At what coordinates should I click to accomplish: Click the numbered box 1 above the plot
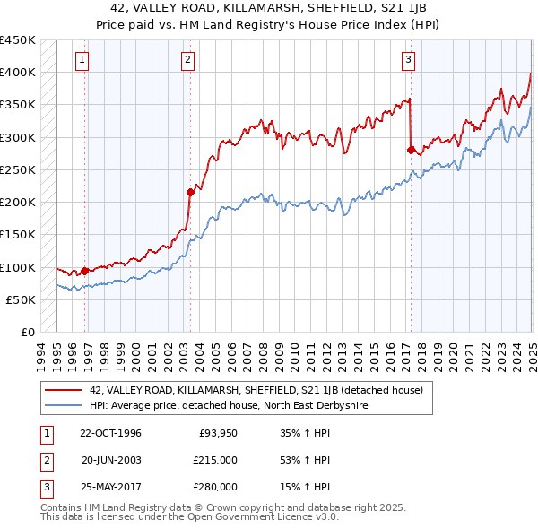pos(82,60)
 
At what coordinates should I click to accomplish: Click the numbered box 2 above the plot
pos(187,60)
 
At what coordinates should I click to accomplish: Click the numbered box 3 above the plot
pos(408,60)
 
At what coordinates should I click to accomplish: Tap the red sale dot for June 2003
pos(190,192)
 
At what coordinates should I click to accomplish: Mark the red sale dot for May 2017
pos(411,150)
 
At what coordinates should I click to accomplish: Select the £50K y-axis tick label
pos(22,299)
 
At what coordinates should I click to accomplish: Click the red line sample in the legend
pos(62,390)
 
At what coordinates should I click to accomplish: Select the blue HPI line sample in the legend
pos(62,405)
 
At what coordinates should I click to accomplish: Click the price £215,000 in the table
pos(216,460)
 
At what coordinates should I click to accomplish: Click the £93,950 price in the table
pos(218,434)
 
